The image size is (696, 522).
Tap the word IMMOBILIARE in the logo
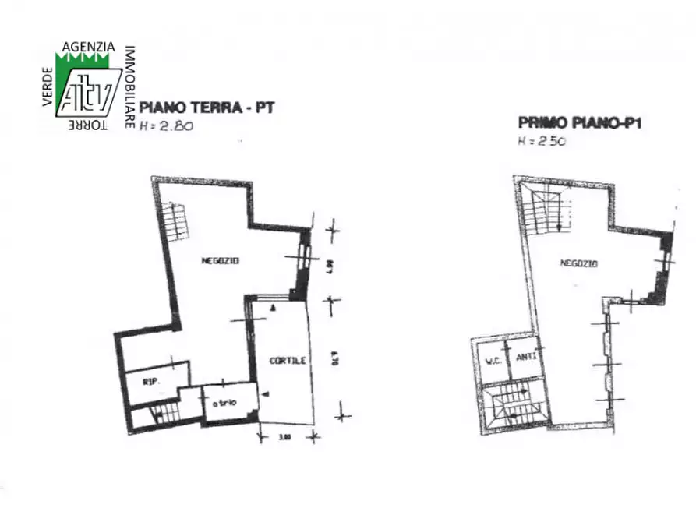tap(129, 86)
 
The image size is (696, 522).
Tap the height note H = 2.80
tap(166, 126)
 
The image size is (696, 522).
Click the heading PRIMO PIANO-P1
tap(579, 122)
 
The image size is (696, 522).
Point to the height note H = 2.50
tap(541, 142)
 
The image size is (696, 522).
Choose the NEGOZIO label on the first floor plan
tap(578, 263)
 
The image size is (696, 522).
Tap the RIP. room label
tap(152, 382)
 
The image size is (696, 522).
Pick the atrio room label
tap(224, 401)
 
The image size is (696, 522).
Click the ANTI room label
tap(525, 358)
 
